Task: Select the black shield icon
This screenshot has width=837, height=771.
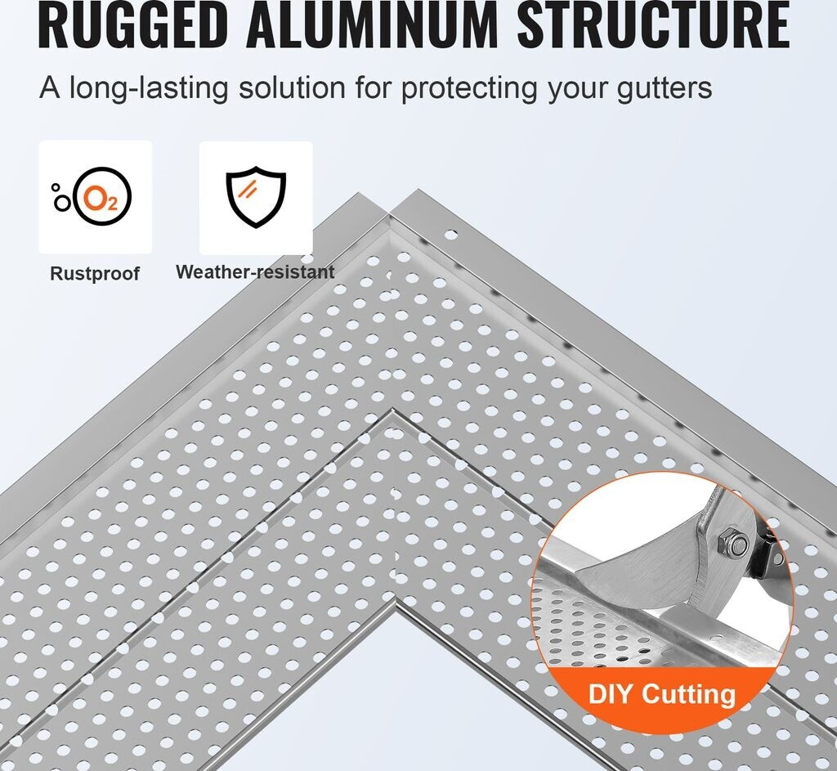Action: [256, 198]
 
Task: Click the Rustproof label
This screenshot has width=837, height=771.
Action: [95, 274]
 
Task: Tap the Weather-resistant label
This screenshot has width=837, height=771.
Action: [255, 272]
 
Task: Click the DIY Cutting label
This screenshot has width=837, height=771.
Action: [661, 694]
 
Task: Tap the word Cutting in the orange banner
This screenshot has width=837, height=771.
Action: [688, 694]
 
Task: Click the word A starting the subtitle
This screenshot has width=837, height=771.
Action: [50, 87]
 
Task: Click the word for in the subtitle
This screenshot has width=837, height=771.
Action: [372, 87]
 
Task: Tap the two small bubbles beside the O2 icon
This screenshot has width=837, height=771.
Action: [59, 197]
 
